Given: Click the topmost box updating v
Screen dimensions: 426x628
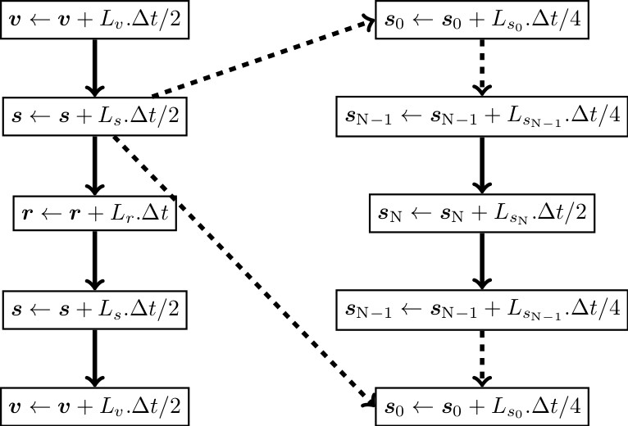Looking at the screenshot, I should [x=95, y=20].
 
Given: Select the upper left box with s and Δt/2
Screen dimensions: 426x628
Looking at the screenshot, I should [x=95, y=117].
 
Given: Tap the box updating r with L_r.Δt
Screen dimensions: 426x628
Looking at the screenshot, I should [x=95, y=213].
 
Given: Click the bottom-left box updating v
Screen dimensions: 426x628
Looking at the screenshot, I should [x=95, y=406].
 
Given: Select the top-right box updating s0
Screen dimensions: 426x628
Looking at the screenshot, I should [x=480, y=20].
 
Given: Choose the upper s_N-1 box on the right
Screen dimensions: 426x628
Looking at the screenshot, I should [x=480, y=117].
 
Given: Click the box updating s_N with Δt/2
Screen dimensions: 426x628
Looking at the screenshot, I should [x=480, y=213].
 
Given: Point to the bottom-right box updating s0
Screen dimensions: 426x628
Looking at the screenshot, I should [x=480, y=406].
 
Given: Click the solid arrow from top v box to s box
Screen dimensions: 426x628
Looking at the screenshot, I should [x=95, y=68].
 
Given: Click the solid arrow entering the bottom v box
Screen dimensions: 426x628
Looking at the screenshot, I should [x=95, y=357].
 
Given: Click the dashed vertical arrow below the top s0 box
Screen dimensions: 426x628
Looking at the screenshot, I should [x=480, y=68].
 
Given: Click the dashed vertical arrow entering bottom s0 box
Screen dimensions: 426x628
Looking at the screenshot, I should [x=480, y=357].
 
